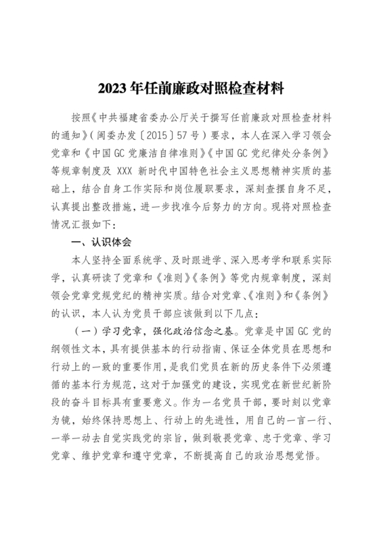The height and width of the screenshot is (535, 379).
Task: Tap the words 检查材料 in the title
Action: click(258, 88)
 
